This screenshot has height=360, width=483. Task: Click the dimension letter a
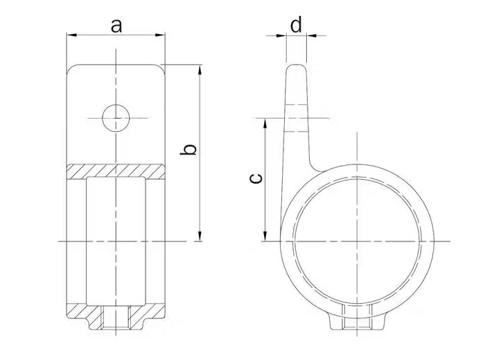[x=116, y=26]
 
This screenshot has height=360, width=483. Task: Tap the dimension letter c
[x=255, y=179]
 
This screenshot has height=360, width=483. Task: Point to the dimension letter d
[x=296, y=26]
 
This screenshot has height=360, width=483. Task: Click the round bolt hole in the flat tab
[x=116, y=118]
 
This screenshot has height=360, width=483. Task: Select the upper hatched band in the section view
[x=116, y=171]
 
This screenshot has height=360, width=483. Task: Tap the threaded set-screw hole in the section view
[x=116, y=320]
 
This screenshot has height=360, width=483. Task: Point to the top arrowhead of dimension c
[x=265, y=122]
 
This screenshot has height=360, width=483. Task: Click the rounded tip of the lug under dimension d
[x=296, y=68]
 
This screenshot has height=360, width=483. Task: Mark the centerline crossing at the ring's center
[x=356, y=241]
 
